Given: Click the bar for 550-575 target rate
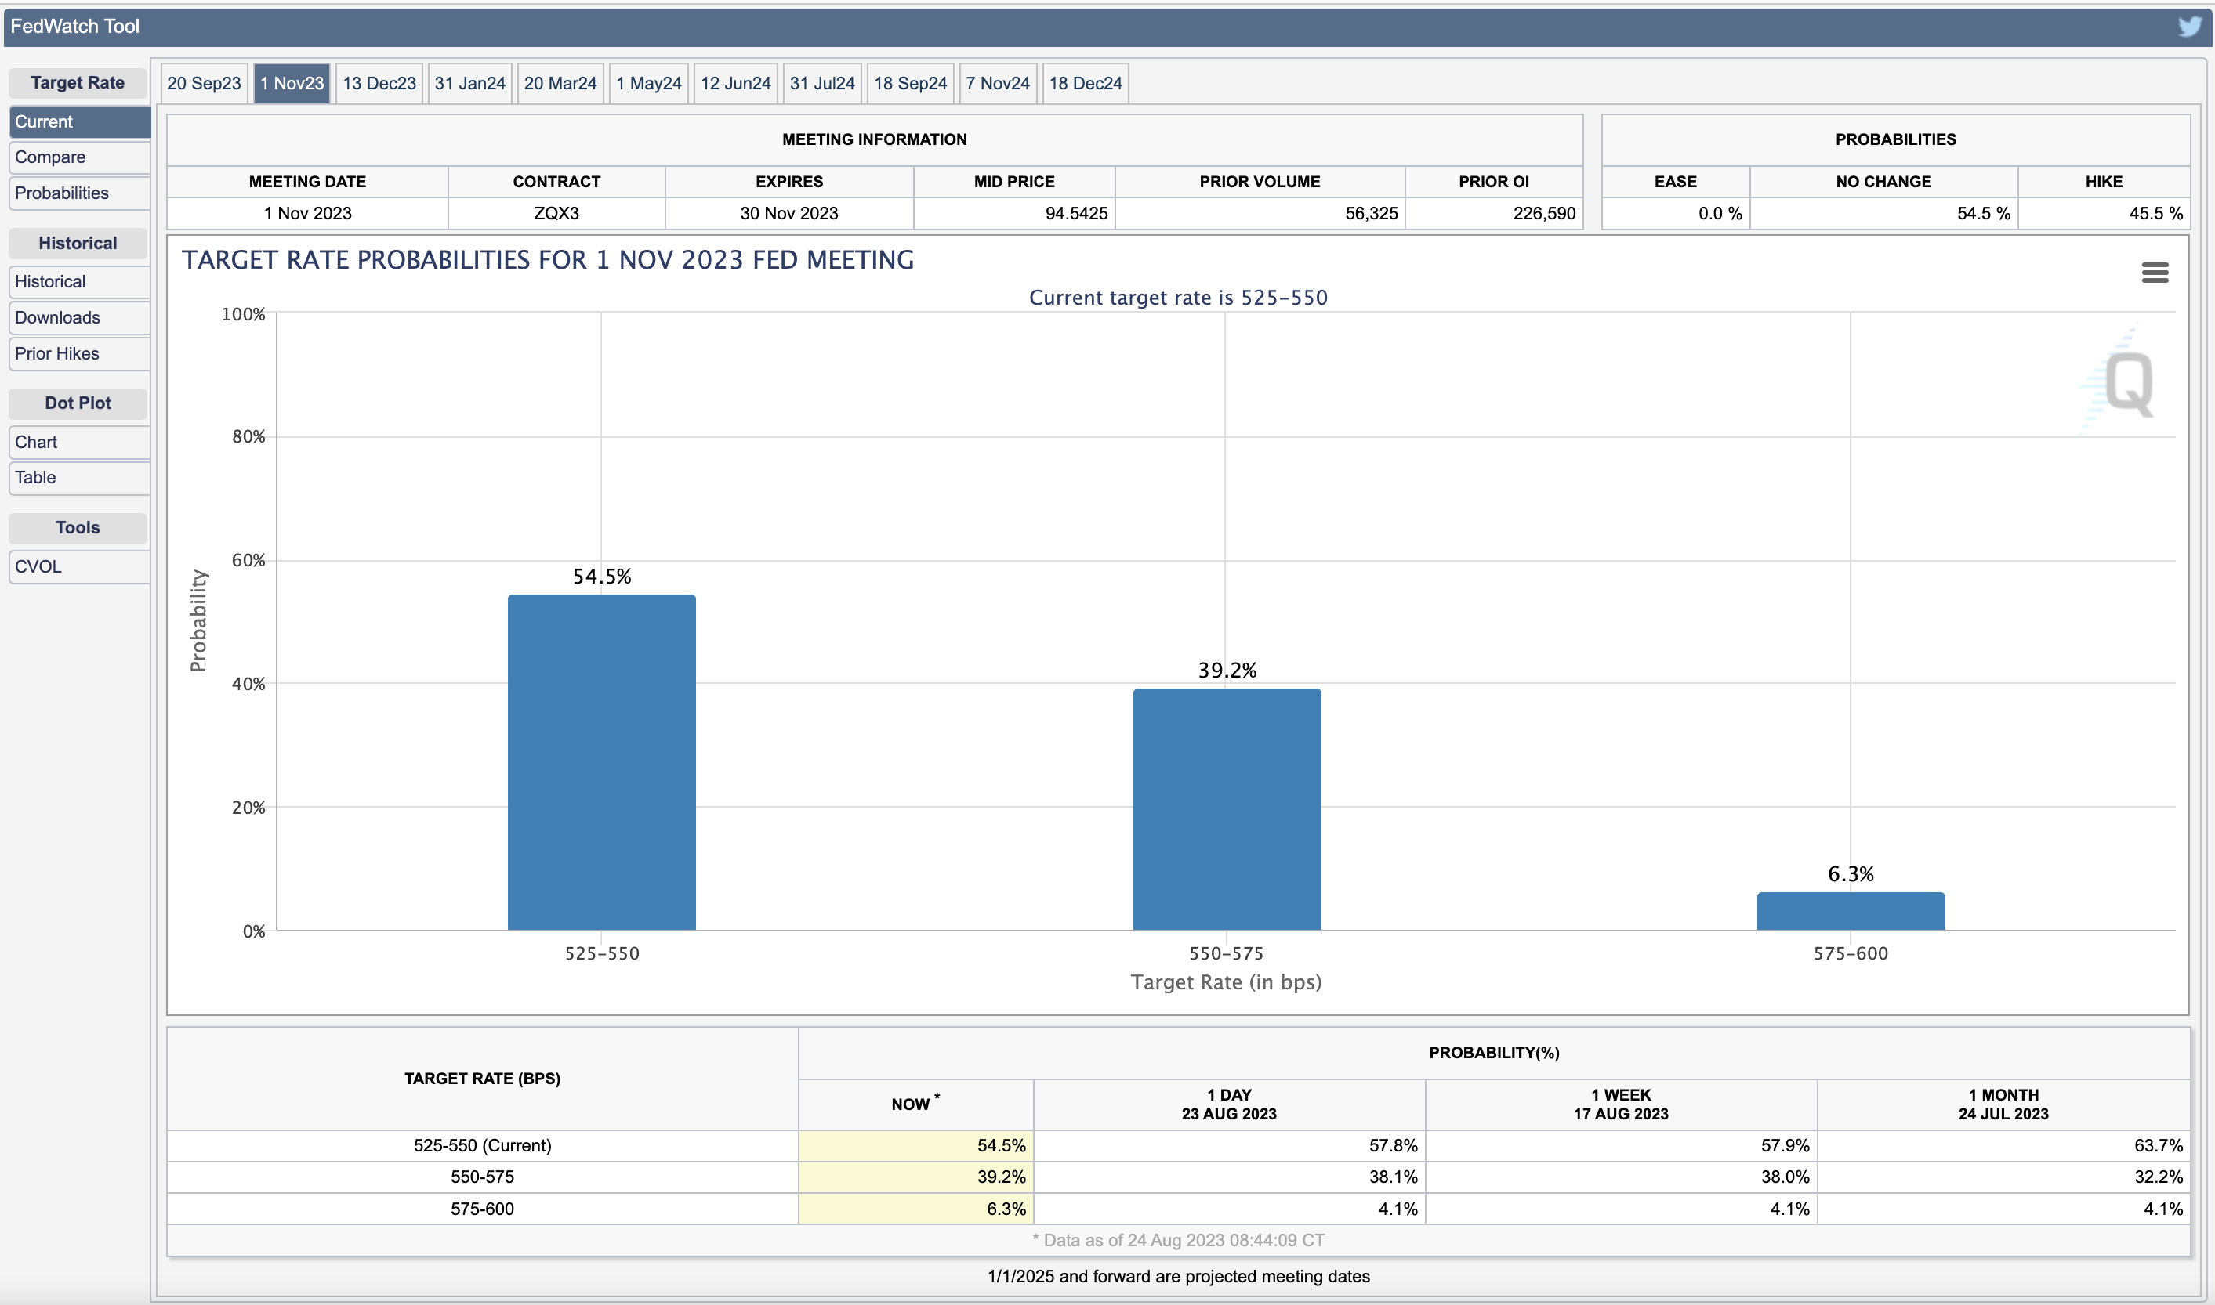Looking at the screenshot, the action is point(1227,809).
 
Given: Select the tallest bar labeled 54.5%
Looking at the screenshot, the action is point(602,762).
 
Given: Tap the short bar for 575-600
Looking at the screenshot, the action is point(1851,911).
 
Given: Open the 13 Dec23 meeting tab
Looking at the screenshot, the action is point(379,84).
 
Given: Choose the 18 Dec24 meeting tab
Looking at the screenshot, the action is point(1086,84).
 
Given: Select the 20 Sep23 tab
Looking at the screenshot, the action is point(204,84).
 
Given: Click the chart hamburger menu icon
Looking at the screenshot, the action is point(2155,273).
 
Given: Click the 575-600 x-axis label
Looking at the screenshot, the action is point(1851,953).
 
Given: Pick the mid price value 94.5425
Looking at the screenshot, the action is point(1076,214).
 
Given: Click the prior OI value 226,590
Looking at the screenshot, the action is point(1544,214).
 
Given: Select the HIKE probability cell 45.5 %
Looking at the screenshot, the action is point(2155,214).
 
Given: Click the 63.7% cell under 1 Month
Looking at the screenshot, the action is point(2158,1146).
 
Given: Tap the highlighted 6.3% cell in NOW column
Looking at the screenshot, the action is point(1006,1209).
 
